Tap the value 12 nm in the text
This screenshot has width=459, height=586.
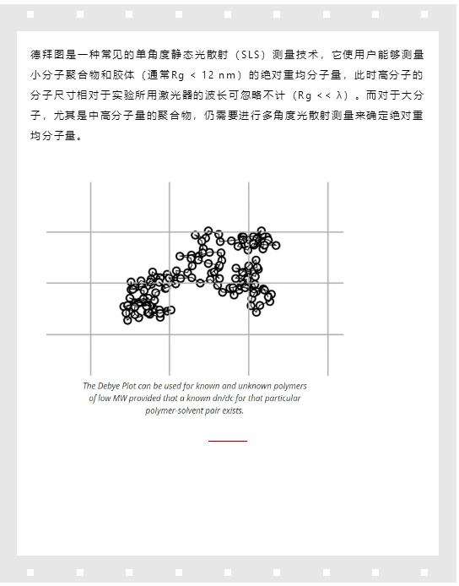click(x=215, y=75)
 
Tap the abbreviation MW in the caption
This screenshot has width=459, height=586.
click(x=120, y=398)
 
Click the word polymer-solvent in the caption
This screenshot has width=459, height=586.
click(x=175, y=410)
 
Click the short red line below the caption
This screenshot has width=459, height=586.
click(x=228, y=441)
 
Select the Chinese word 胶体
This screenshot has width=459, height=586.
click(x=116, y=75)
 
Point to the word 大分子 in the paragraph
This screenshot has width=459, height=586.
click(x=412, y=95)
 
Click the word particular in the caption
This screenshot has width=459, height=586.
click(x=281, y=398)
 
